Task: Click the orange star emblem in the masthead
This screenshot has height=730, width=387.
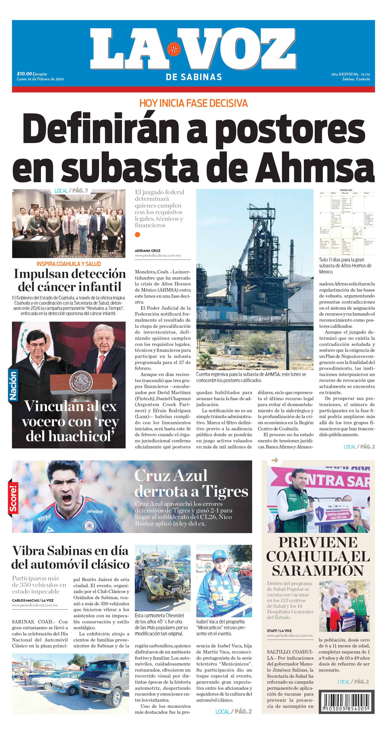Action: [x=174, y=49]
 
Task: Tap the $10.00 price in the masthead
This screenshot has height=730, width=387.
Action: [x=24, y=74]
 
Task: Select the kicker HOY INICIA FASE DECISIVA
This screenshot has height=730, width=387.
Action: [x=193, y=103]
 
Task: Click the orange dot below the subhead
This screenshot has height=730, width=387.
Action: [x=138, y=234]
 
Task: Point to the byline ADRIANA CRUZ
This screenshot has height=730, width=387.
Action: [x=147, y=251]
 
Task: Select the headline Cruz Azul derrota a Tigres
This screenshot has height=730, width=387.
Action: [x=191, y=483]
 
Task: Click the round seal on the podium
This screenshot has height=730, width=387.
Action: [x=81, y=382]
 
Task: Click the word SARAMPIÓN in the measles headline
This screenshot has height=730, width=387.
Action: [x=318, y=570]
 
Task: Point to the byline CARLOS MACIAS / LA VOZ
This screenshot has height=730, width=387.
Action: [x=33, y=600]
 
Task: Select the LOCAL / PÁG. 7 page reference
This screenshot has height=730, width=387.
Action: [x=71, y=191]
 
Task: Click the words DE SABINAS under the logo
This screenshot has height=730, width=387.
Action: [x=194, y=77]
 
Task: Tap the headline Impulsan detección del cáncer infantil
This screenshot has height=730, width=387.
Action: [x=70, y=280]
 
